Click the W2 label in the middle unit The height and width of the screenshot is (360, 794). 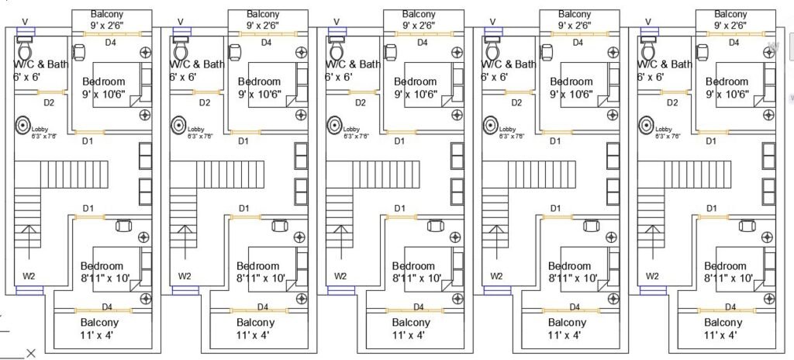coord(340,275)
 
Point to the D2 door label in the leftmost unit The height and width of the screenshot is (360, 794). coord(49,102)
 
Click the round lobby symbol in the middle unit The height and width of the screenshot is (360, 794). coord(335,124)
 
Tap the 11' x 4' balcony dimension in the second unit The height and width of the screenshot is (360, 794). coord(255,335)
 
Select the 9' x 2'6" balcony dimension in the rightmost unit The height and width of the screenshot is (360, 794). coord(731,26)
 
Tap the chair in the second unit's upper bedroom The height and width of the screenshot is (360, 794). coord(235,51)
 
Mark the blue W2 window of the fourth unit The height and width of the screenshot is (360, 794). coord(497,290)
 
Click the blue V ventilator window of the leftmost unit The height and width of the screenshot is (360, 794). coord(26,33)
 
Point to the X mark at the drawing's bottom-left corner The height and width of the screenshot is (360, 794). coord(31,354)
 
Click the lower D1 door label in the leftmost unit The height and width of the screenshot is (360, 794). coord(88,208)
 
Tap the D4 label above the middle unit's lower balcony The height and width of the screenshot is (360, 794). coord(419,306)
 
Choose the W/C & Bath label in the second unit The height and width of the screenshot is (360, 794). coord(197,64)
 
